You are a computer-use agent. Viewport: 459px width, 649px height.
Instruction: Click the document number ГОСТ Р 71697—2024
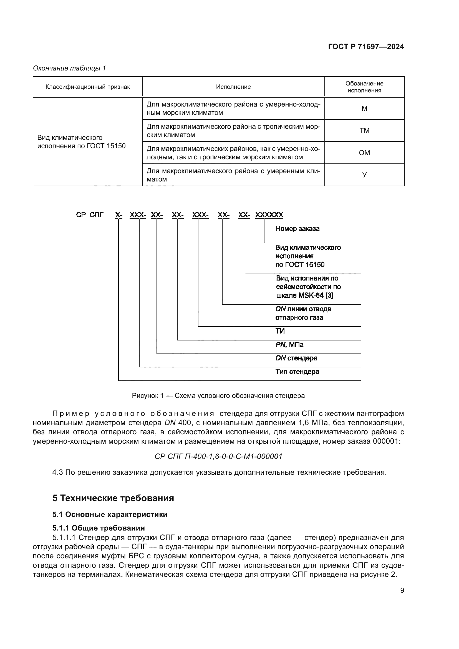click(366, 47)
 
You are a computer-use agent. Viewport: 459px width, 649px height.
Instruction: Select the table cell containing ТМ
click(364, 131)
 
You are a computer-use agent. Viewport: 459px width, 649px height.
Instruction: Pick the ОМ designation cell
click(364, 153)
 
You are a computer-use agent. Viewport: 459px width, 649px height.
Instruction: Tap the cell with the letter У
click(364, 175)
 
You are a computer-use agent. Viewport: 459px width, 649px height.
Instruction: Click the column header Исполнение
click(233, 87)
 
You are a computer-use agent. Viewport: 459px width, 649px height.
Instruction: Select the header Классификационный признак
click(88, 87)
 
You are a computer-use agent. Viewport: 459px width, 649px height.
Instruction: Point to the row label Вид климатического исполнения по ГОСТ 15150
click(81, 142)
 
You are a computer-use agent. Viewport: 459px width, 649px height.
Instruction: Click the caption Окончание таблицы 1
click(69, 68)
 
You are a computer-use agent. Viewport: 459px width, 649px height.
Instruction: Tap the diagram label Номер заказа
click(297, 229)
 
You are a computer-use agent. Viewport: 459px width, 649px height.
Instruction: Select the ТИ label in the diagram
click(280, 331)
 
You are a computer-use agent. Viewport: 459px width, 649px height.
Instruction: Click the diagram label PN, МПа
click(289, 345)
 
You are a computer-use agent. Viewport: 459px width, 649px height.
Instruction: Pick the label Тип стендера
click(297, 372)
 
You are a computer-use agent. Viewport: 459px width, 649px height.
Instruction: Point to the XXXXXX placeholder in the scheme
click(269, 215)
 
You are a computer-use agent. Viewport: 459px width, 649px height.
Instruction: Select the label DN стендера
click(296, 358)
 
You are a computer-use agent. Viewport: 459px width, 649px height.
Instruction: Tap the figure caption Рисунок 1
click(218, 396)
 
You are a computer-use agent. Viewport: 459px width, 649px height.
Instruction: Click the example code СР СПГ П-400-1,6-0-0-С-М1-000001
click(218, 456)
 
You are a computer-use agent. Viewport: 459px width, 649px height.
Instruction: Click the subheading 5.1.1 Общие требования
click(98, 528)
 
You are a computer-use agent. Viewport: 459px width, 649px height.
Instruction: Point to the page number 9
click(402, 590)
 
